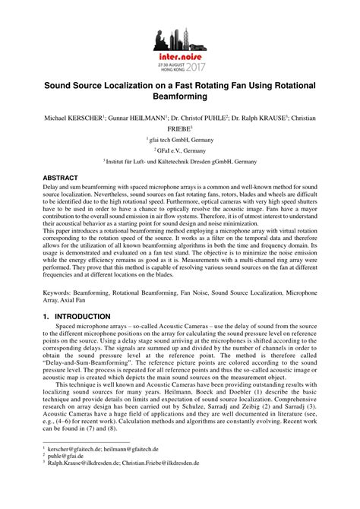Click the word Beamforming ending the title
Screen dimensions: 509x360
180,97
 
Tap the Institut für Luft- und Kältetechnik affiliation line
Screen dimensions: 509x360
180,162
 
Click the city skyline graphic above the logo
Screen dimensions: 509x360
179,38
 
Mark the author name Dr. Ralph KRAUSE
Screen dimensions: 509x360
257,119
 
